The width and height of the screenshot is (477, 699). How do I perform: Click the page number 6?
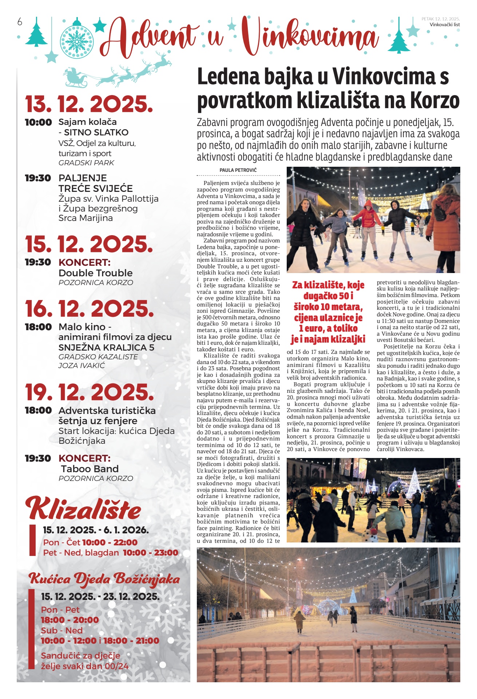click(x=20, y=22)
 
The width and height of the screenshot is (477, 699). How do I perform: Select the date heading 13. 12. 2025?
click(x=89, y=104)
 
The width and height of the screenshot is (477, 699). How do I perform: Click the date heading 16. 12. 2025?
click(x=89, y=309)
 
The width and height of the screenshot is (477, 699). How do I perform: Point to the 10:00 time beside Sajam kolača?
click(x=38, y=122)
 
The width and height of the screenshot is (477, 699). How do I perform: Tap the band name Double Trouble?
click(x=95, y=273)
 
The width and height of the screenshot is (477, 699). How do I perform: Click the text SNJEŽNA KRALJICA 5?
click(x=106, y=347)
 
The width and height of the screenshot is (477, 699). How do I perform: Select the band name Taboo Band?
click(x=90, y=469)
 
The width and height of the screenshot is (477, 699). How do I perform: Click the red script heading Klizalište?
click(x=83, y=509)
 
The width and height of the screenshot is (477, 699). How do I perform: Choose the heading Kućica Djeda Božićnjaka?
click(x=104, y=578)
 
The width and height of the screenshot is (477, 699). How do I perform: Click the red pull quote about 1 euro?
click(x=328, y=312)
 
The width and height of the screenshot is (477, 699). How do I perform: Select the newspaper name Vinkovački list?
click(x=445, y=25)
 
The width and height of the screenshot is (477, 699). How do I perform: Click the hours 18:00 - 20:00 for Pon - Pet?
click(x=69, y=620)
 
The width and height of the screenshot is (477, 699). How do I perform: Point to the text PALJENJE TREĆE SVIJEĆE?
click(x=95, y=183)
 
